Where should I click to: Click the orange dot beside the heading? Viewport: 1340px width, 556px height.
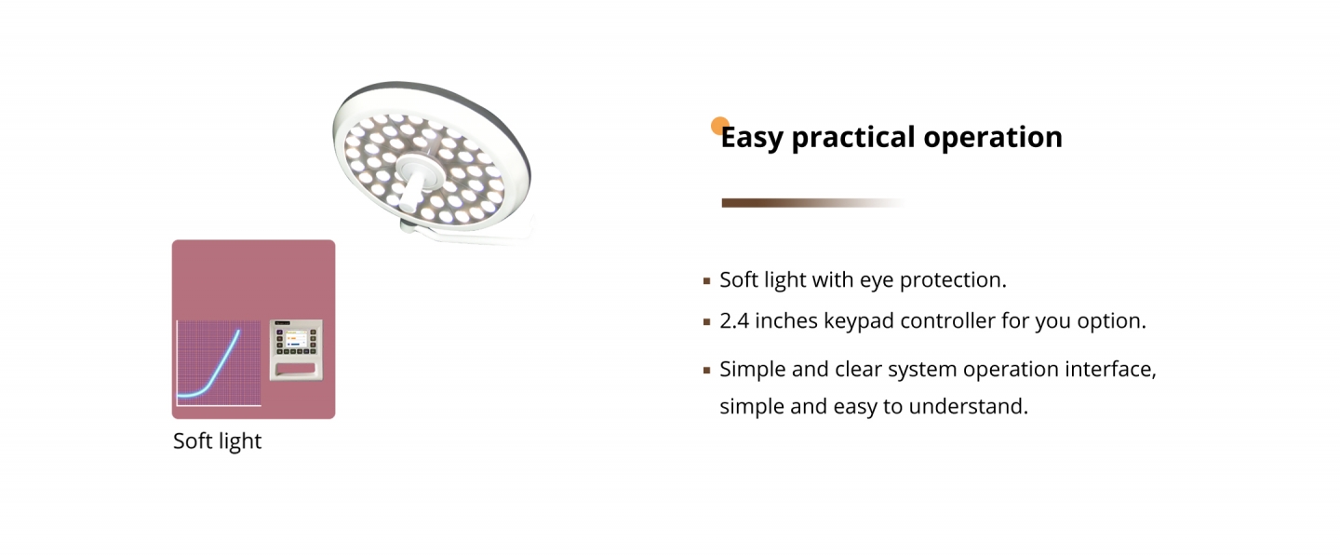click(719, 126)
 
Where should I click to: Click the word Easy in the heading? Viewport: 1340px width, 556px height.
click(751, 138)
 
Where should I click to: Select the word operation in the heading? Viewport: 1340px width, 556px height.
click(993, 138)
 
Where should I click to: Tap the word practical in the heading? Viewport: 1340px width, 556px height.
click(853, 138)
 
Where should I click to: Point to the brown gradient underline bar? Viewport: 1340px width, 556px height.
click(811, 203)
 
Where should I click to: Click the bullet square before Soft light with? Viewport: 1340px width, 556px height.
click(706, 280)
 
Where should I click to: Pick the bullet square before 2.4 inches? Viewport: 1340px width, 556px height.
click(706, 322)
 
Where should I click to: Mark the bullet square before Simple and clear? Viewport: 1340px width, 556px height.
click(706, 371)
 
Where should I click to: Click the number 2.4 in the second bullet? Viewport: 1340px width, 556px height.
click(734, 320)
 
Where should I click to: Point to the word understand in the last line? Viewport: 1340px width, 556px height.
click(968, 406)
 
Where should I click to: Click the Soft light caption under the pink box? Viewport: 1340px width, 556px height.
click(217, 441)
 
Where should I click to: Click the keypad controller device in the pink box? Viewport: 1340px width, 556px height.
click(296, 350)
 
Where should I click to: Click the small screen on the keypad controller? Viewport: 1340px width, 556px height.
click(296, 339)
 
